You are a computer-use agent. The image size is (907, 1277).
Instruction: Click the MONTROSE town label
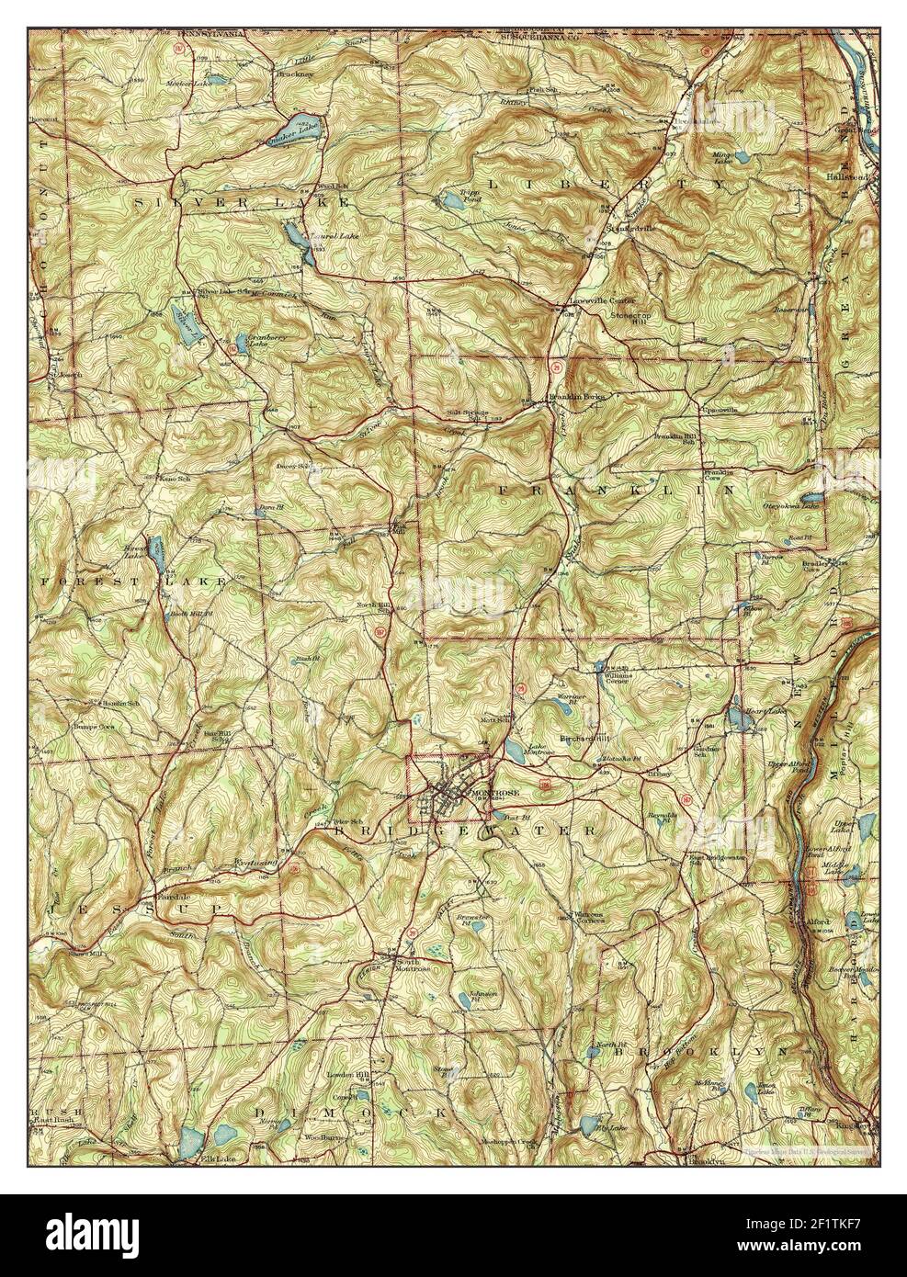pyautogui.click(x=494, y=791)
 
